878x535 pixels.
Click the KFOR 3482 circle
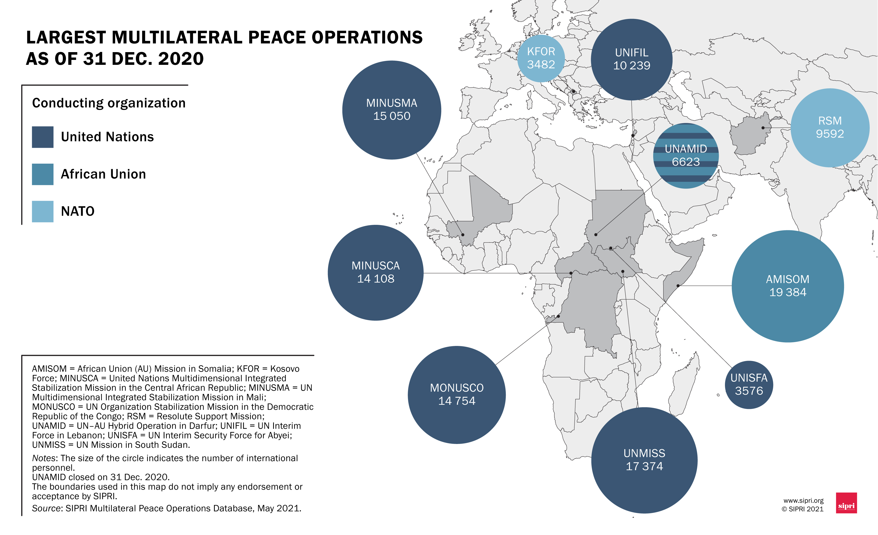point(541,58)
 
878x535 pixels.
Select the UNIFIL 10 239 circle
point(631,59)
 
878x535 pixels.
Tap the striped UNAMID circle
point(686,156)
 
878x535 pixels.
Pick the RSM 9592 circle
point(830,128)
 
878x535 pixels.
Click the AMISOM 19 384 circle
point(787,286)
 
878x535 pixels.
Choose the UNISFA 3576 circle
point(749,385)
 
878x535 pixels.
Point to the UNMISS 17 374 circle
point(644,460)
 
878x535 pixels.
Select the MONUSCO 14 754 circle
point(457,395)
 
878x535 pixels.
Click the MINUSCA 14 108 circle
point(376,273)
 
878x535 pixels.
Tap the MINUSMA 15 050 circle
point(392,110)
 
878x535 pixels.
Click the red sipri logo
point(846,503)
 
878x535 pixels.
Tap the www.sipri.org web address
point(803,501)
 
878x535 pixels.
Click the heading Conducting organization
point(109,103)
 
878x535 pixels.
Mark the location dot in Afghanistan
point(763,128)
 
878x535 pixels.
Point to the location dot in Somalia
point(678,286)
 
